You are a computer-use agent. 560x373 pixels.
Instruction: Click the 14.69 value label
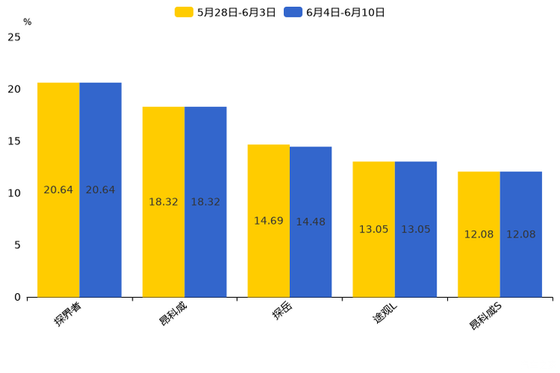point(269,221)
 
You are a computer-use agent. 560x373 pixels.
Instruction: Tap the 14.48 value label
point(310,222)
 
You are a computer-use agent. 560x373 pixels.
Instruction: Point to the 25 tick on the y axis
point(14,37)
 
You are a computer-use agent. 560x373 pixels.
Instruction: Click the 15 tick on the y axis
point(14,141)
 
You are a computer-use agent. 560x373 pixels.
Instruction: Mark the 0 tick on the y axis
point(17,297)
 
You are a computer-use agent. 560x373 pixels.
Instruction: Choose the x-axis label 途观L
point(385,314)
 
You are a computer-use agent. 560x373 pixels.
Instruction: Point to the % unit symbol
point(27,22)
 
